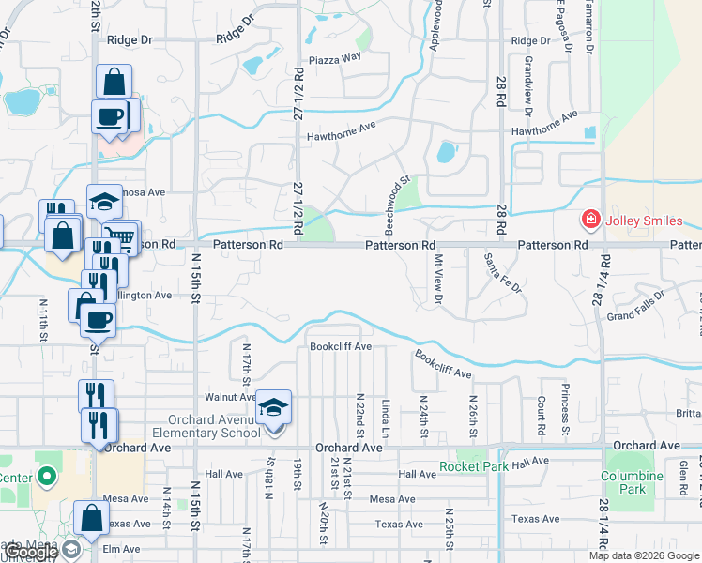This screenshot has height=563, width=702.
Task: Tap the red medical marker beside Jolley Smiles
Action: coord(591,221)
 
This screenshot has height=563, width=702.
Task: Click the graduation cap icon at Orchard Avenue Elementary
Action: coord(274,407)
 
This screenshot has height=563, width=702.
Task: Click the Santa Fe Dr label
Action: coord(503,271)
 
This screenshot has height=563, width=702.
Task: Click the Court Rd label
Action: coord(542,414)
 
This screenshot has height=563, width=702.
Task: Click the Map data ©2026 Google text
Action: coord(644,555)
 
